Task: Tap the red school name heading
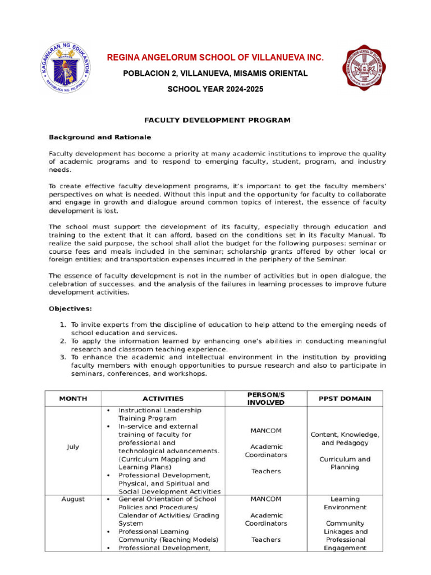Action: click(x=215, y=58)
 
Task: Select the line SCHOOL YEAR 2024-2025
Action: click(x=215, y=89)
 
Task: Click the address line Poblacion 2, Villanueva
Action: click(x=215, y=74)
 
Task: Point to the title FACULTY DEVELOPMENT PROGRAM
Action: click(x=217, y=120)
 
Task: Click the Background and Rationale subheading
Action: click(x=100, y=137)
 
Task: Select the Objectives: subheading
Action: click(x=70, y=308)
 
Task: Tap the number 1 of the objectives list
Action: click(x=63, y=325)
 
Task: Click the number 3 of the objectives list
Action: click(x=63, y=357)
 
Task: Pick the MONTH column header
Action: click(x=73, y=399)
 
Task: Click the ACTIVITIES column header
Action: click(x=163, y=399)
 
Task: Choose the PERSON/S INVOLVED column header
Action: click(x=266, y=399)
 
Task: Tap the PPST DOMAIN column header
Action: click(x=345, y=399)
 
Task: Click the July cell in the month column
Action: click(x=73, y=447)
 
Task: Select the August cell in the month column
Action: click(x=73, y=499)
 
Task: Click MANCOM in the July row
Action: click(x=266, y=431)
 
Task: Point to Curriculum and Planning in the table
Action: click(x=345, y=463)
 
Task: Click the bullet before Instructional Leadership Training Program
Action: click(x=108, y=410)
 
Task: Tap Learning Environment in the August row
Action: click(x=345, y=503)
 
